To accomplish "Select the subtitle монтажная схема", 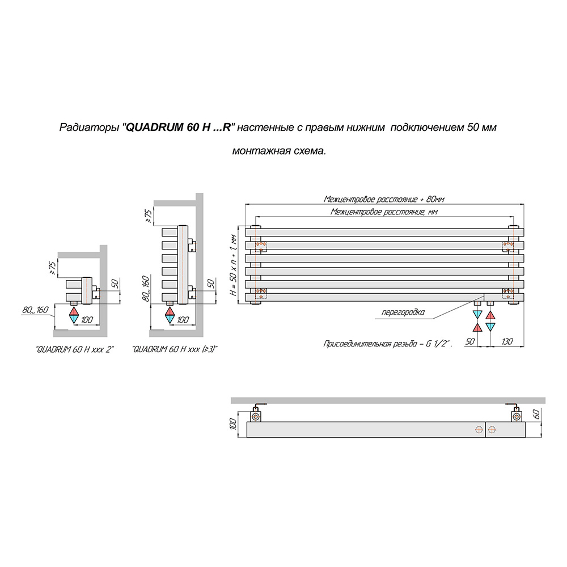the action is [279, 151].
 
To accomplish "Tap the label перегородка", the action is [403, 312].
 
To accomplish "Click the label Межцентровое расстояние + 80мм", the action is [384, 199].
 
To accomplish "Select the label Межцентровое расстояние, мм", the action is [384, 212].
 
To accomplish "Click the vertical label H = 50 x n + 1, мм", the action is [234, 265].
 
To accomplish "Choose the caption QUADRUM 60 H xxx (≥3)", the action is [175, 350].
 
